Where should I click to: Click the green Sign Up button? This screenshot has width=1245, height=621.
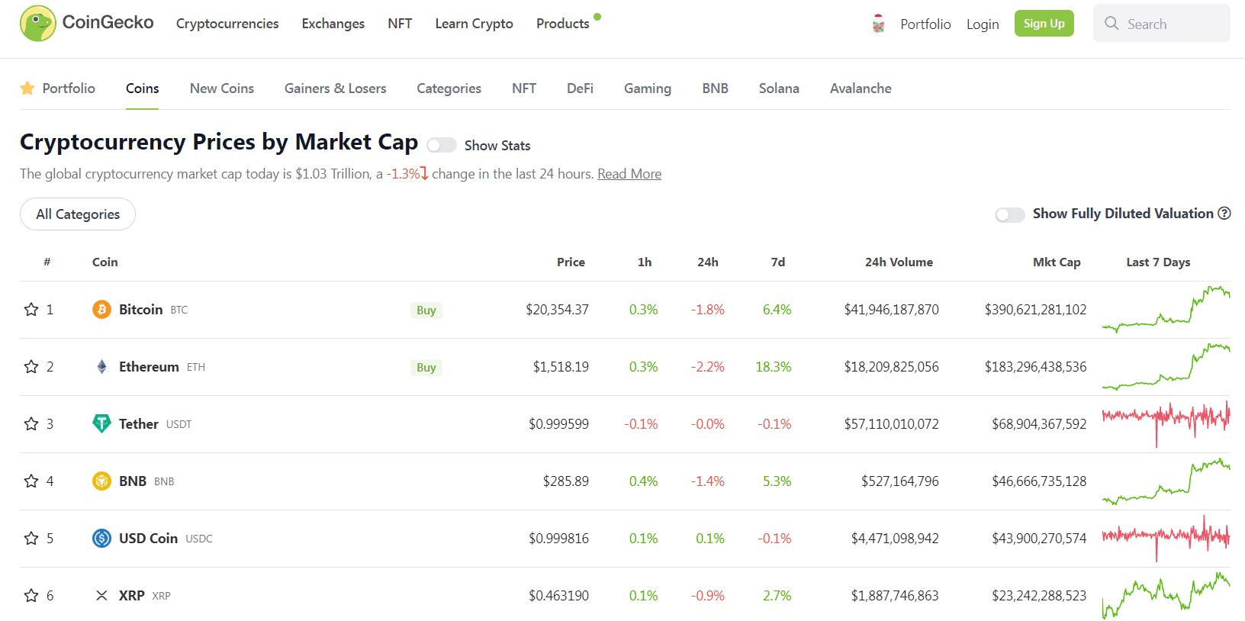pyautogui.click(x=1044, y=24)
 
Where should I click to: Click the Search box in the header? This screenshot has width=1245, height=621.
pyautogui.click(x=1161, y=24)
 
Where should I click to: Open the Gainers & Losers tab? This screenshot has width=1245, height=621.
pyautogui.click(x=335, y=88)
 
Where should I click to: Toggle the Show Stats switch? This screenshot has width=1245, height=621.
pyautogui.click(x=442, y=145)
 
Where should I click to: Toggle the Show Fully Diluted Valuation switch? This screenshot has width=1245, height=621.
pyautogui.click(x=1009, y=214)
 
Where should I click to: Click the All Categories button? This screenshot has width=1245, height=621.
pyautogui.click(x=78, y=214)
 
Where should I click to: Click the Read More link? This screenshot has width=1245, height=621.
pyautogui.click(x=629, y=174)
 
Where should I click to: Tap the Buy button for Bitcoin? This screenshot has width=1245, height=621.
pyautogui.click(x=426, y=310)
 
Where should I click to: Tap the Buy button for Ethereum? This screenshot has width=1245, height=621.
pyautogui.click(x=426, y=367)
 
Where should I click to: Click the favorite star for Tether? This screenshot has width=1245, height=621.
pyautogui.click(x=31, y=424)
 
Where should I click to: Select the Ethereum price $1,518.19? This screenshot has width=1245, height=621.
pyautogui.click(x=561, y=367)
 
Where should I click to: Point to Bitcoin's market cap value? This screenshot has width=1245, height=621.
pyautogui.click(x=1035, y=310)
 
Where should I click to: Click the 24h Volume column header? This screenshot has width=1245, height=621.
pyautogui.click(x=898, y=262)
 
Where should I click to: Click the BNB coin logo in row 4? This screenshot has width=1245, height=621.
pyautogui.click(x=101, y=481)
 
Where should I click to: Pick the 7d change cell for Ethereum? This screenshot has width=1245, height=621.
pyautogui.click(x=773, y=367)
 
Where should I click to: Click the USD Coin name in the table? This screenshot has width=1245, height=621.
pyautogui.click(x=148, y=539)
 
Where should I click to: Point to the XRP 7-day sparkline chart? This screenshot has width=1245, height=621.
pyautogui.click(x=1166, y=596)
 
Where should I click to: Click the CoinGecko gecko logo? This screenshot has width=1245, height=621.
pyautogui.click(x=37, y=24)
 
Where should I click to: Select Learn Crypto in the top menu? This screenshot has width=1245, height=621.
pyautogui.click(x=474, y=24)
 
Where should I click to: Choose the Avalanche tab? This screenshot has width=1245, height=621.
pyautogui.click(x=860, y=88)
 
